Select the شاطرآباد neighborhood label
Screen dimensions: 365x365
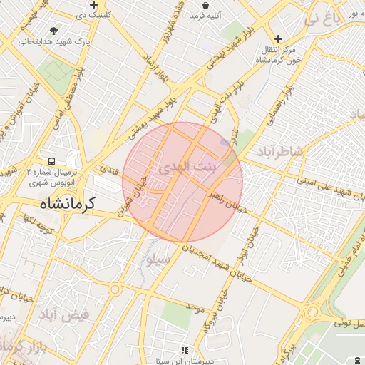click(280, 151)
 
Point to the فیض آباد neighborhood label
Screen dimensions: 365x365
click(63, 314)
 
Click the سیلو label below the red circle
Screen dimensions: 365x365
click(159, 260)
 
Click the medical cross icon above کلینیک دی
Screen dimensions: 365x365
click(93, 4)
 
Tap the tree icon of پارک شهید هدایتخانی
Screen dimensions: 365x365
click(54, 31)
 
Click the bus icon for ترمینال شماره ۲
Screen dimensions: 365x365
click(51, 161)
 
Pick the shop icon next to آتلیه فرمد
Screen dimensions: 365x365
click(205, 5)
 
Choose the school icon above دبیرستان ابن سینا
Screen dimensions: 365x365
click(185, 350)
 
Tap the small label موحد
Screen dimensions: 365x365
click(195, 307)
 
